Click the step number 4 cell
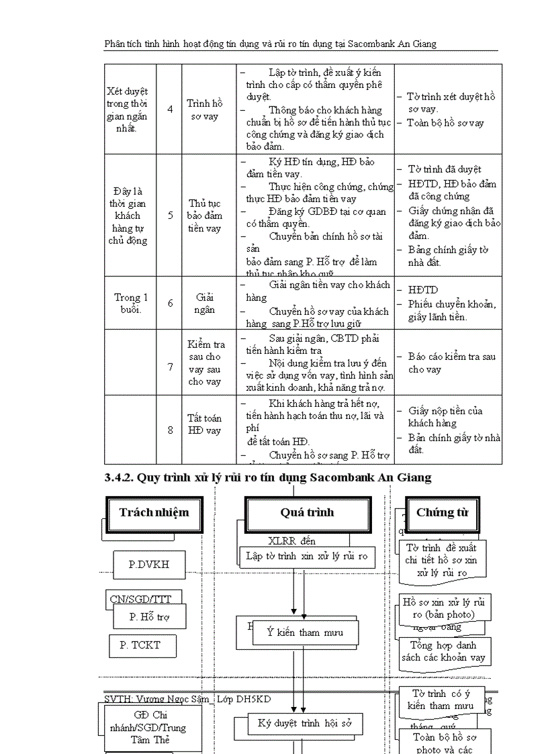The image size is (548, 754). click(x=170, y=109)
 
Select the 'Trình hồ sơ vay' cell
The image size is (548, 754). click(x=204, y=109)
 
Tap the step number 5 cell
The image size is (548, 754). click(x=170, y=216)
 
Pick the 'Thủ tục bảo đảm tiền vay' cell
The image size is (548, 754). click(x=204, y=216)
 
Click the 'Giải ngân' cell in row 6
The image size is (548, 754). click(x=204, y=303)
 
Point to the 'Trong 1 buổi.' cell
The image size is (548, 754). click(x=131, y=303)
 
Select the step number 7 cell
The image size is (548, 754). click(x=170, y=367)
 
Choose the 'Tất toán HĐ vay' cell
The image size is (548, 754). click(x=204, y=424)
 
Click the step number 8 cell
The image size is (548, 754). click(x=170, y=430)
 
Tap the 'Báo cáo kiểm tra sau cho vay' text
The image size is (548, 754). click(x=451, y=363)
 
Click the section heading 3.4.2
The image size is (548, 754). click(x=267, y=477)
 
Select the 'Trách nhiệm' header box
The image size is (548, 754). click(x=154, y=513)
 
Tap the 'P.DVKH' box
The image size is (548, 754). click(x=148, y=565)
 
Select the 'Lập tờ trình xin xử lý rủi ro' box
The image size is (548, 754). click(x=306, y=556)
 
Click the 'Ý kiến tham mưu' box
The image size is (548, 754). click(x=306, y=632)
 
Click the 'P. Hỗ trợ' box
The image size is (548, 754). click(x=149, y=616)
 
